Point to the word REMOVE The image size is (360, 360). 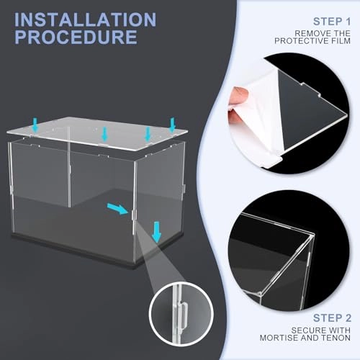pos(309,33)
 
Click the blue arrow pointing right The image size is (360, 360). pos(116,210)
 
